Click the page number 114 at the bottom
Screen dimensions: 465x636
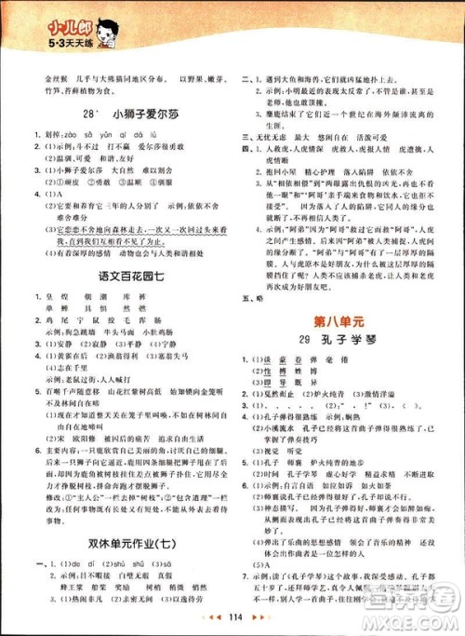(235, 618)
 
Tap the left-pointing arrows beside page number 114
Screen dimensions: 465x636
(212, 618)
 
